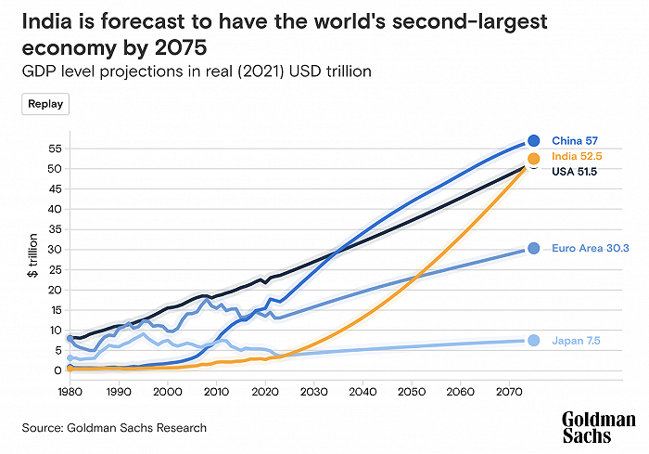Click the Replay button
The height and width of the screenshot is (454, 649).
45,104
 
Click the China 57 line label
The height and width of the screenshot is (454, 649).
575,140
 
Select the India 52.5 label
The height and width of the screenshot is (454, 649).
576,157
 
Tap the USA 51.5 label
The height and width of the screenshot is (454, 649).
574,172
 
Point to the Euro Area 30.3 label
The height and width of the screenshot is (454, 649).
591,249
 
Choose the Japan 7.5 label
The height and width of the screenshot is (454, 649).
576,341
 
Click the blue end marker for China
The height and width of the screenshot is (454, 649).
534,140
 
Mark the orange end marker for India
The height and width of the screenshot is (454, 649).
534,159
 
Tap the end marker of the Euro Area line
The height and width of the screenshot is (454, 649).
534,249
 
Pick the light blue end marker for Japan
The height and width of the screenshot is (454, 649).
534,341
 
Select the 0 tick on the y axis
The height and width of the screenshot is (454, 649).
57,370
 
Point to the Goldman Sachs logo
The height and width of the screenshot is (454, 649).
599,427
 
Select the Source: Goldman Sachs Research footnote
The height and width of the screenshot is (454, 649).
115,428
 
